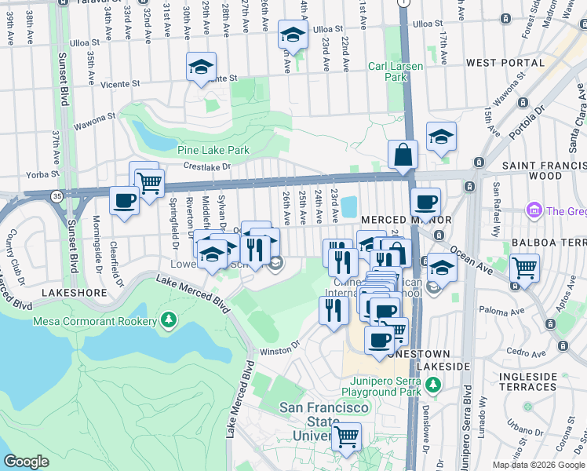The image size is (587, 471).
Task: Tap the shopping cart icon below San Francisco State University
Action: (346, 437)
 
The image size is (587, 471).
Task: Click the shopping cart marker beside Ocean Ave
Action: (524, 268)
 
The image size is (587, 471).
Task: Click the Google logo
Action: (26, 462)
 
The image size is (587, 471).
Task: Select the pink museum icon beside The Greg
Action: (535, 210)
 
